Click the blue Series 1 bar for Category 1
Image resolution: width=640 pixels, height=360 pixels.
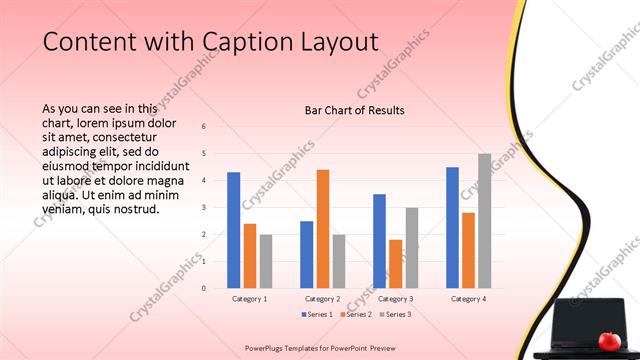click(233, 230)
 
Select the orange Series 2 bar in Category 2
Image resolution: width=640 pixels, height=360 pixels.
click(323, 229)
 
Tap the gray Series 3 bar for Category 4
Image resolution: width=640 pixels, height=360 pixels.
click(485, 221)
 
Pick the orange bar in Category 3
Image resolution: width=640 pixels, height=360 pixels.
click(396, 264)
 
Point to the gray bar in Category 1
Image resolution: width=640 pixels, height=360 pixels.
click(266, 261)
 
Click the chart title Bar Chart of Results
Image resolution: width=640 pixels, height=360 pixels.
click(354, 110)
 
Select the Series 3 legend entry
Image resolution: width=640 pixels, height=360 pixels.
click(395, 315)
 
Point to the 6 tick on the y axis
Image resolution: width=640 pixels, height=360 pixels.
click(203, 127)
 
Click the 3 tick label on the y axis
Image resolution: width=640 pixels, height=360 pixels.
click(203, 208)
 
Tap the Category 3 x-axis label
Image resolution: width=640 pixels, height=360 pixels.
click(396, 299)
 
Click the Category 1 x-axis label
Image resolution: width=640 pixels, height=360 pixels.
click(249, 299)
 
